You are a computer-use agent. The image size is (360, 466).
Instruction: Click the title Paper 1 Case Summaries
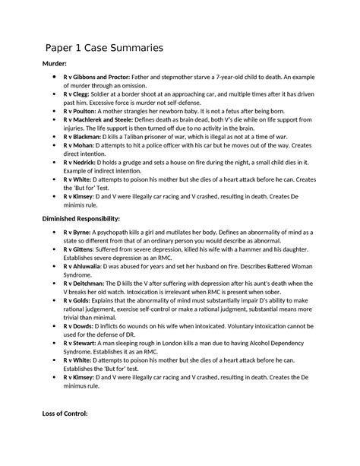104,49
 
